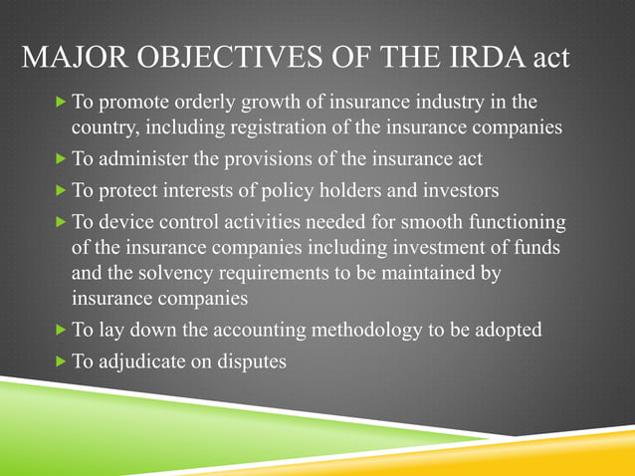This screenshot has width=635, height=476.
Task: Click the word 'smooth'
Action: [416, 221]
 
